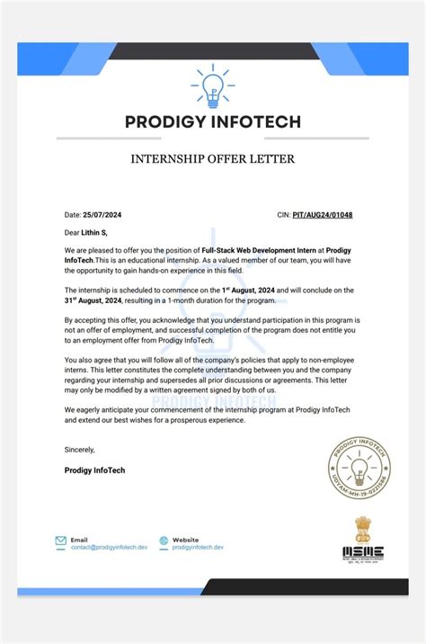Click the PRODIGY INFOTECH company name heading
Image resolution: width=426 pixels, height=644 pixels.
(x=213, y=121)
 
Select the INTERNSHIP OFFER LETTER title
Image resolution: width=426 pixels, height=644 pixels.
(x=213, y=160)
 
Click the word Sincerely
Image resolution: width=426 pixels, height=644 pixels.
(x=79, y=449)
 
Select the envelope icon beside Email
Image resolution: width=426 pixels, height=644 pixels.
(x=60, y=542)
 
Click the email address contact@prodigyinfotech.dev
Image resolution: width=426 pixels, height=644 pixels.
(x=109, y=547)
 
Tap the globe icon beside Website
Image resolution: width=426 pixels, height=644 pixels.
(x=164, y=542)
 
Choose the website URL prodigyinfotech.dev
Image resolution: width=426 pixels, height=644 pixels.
(x=198, y=547)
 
